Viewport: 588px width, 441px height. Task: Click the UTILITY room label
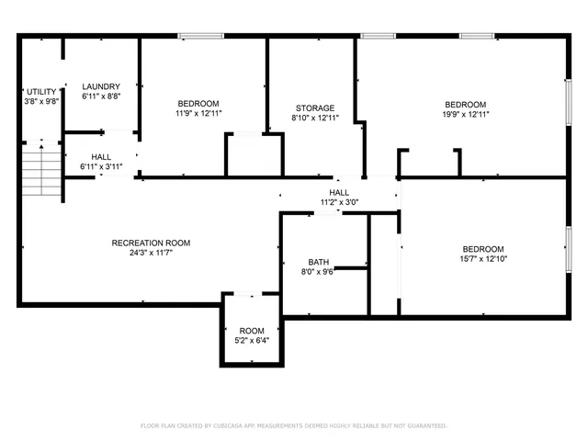pyautogui.click(x=41, y=92)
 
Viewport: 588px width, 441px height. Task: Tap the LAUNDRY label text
pyautogui.click(x=101, y=86)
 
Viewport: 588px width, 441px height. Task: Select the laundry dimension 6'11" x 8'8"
pyautogui.click(x=101, y=96)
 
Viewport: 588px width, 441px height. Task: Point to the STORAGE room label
pyautogui.click(x=314, y=108)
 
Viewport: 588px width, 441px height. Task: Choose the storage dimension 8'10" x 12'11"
pyautogui.click(x=314, y=119)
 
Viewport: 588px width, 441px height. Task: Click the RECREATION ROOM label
pyautogui.click(x=151, y=243)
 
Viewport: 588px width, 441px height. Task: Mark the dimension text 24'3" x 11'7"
pyautogui.click(x=151, y=253)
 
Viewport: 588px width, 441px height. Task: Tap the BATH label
pyautogui.click(x=319, y=261)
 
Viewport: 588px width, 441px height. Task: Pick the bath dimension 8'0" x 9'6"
pyautogui.click(x=319, y=271)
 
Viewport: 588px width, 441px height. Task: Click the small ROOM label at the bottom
pyautogui.click(x=252, y=331)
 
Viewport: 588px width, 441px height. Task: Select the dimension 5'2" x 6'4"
pyautogui.click(x=252, y=341)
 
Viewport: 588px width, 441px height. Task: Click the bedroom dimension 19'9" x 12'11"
pyautogui.click(x=467, y=114)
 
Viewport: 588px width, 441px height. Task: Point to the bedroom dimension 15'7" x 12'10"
pyautogui.click(x=482, y=259)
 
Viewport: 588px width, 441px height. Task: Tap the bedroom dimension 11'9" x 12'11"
pyautogui.click(x=198, y=113)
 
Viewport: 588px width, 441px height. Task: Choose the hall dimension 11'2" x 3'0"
pyautogui.click(x=339, y=202)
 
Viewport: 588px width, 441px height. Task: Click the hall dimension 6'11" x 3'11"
pyautogui.click(x=101, y=166)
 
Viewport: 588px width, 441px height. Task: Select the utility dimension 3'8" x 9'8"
pyautogui.click(x=41, y=102)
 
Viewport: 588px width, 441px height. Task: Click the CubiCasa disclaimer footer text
pyautogui.click(x=293, y=425)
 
